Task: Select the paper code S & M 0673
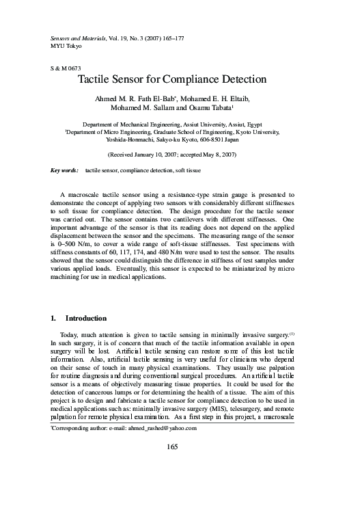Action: (x=66, y=69)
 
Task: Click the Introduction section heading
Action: (x=85, y=318)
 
